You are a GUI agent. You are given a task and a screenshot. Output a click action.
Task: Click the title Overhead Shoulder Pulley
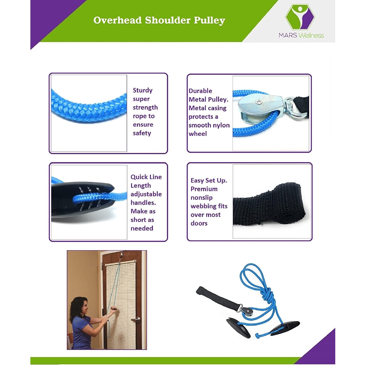(x=159, y=20)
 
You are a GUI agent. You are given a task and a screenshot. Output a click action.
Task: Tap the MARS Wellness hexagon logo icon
(x=299, y=17)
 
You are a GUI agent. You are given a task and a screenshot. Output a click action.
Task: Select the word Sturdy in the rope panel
(x=143, y=90)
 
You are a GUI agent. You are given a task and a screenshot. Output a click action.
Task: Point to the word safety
(x=142, y=133)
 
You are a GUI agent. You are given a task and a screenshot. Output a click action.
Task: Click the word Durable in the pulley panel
(x=200, y=91)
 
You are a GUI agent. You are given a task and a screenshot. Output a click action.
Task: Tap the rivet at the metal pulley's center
(x=258, y=103)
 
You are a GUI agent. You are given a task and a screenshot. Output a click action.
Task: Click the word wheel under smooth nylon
(x=198, y=134)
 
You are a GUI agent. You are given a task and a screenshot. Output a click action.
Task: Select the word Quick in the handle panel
(x=138, y=177)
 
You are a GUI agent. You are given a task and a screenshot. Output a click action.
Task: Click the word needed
(x=142, y=228)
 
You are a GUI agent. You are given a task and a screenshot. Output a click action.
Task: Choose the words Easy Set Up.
(x=209, y=180)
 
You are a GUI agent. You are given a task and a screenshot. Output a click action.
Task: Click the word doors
(x=199, y=223)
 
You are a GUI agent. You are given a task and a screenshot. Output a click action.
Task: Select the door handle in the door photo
(x=135, y=319)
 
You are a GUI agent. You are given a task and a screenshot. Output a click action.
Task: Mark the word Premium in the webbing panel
(x=204, y=189)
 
